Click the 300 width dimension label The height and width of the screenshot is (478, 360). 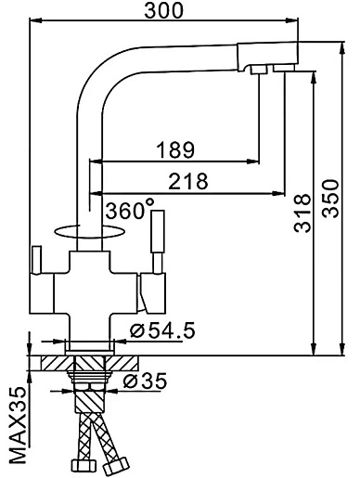(x=163, y=10)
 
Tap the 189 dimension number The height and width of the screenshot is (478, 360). (x=175, y=149)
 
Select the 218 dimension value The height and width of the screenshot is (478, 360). (x=188, y=181)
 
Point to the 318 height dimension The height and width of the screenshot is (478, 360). (x=302, y=213)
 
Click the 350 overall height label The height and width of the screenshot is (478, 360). (x=330, y=199)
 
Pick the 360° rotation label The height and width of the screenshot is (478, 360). (x=130, y=209)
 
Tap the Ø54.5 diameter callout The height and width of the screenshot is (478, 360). (x=163, y=329)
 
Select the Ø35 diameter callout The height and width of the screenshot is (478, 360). (x=145, y=381)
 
